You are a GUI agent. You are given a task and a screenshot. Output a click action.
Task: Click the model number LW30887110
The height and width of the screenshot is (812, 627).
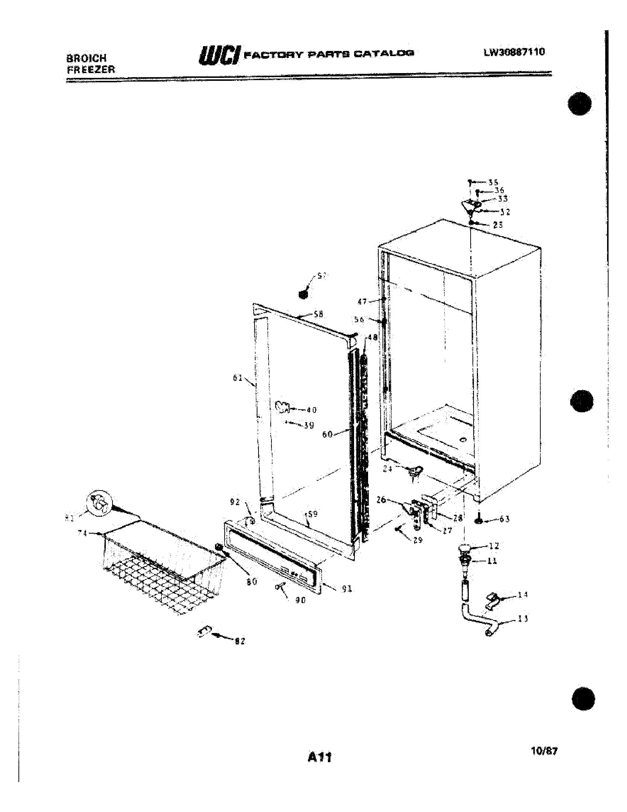(x=514, y=52)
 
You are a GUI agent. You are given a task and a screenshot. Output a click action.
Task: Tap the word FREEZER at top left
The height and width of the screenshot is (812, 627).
(x=91, y=69)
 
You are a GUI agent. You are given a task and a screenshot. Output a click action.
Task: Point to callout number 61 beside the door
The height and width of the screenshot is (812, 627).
(x=238, y=378)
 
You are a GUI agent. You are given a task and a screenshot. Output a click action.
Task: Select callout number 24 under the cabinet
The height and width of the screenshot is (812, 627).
(x=387, y=469)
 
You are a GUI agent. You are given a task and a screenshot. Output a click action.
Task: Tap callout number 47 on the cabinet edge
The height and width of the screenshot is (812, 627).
(x=362, y=302)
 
